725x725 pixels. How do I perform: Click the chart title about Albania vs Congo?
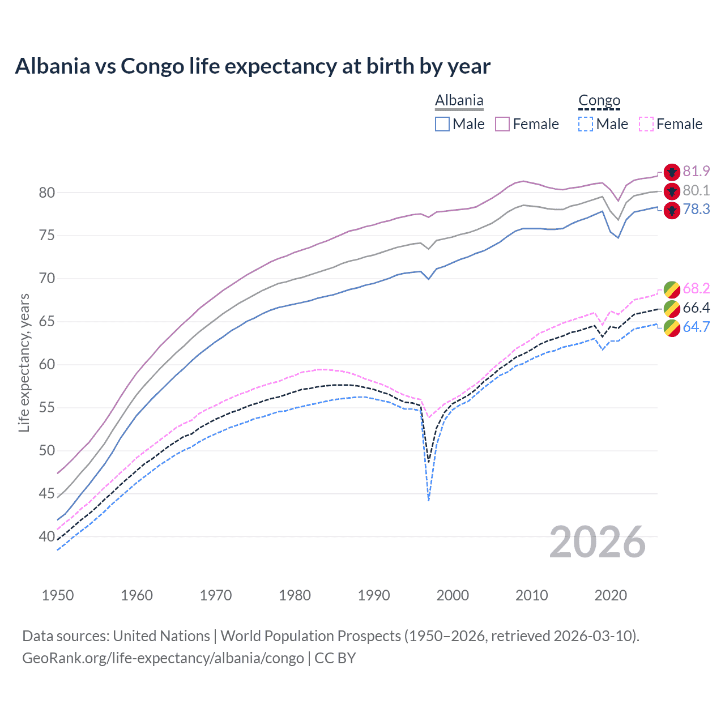253,66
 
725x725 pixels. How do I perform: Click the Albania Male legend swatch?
442,124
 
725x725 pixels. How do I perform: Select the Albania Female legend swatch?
502,124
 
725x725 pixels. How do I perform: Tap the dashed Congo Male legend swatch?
586,124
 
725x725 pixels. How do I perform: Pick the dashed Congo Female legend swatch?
646,124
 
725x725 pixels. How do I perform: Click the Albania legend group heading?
459,101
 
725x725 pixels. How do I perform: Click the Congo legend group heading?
599,101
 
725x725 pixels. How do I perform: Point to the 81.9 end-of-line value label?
696,171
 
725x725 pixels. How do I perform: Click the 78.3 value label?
696,210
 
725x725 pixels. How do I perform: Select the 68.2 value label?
696,288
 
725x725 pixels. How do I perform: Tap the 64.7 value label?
696,327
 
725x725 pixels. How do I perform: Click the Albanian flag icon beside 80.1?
672,191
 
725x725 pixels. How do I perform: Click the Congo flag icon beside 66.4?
672,308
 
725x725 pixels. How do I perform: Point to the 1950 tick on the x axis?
58,595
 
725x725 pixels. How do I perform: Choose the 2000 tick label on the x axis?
453,595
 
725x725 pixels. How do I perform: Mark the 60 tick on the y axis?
47,365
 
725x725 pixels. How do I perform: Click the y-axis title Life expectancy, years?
24,362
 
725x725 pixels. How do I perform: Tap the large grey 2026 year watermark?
598,542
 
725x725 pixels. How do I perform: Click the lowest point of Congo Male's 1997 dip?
429,500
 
